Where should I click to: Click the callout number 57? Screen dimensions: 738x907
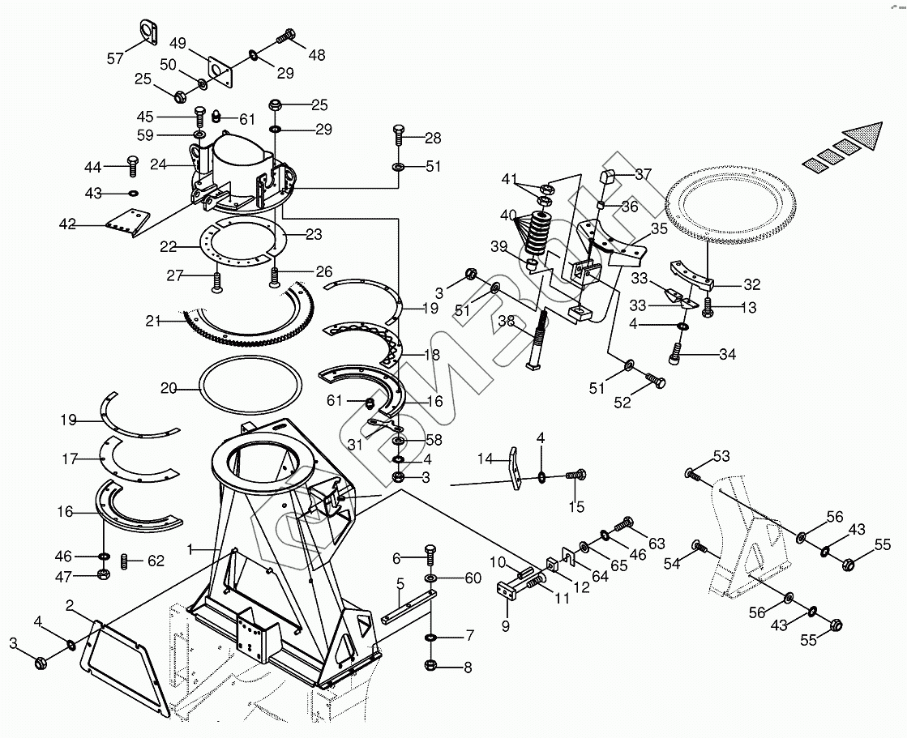115,58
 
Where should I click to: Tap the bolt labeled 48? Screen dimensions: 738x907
287,36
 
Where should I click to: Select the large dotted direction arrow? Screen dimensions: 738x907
843,147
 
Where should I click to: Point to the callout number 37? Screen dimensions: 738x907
643,174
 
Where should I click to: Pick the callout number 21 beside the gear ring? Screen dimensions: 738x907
154,322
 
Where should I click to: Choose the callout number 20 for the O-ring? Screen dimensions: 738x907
168,388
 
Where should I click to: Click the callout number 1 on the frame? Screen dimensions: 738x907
190,549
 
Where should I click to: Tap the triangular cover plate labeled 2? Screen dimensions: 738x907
122,664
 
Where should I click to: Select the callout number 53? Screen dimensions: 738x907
721,455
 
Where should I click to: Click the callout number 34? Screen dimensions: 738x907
728,354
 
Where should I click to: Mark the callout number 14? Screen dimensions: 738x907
485,459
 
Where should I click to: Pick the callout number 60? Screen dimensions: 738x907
473,578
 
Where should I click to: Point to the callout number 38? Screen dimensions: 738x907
507,321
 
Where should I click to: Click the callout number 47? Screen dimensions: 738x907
63,576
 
